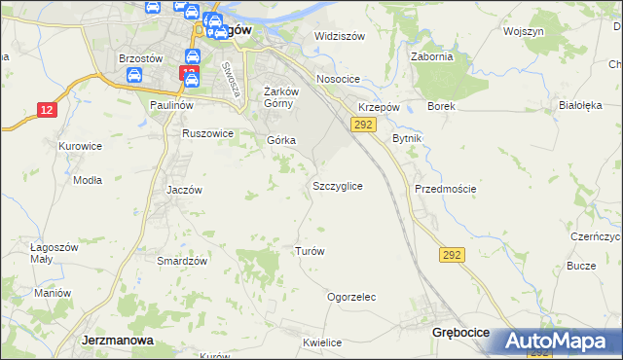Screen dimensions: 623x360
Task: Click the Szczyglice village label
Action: point(338,185)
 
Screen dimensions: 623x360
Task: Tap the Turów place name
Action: point(310,250)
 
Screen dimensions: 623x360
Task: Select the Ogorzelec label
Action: point(351,297)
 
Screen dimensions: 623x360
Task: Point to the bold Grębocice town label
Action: point(460,333)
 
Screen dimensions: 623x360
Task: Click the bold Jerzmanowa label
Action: point(115,342)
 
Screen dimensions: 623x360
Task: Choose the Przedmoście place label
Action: point(445,189)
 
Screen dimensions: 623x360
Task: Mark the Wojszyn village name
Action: point(524,31)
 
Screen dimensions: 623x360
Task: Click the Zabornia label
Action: point(432,56)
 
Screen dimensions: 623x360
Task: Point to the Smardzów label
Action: point(183,261)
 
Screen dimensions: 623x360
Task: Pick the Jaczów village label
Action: point(184,190)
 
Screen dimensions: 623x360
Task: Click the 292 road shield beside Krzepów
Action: point(363,125)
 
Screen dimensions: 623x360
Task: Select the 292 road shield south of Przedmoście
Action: point(452,254)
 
